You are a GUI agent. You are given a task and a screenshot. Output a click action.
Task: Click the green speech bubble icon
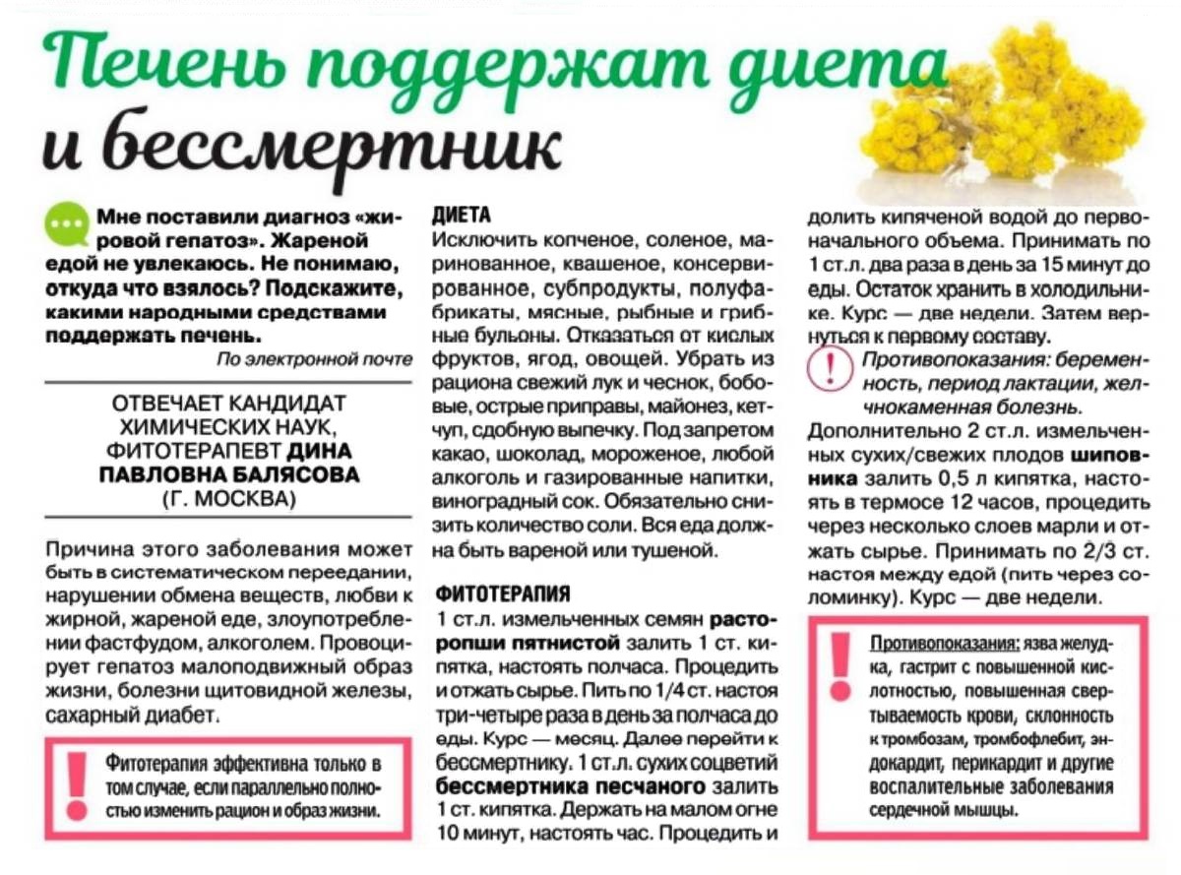(x=66, y=223)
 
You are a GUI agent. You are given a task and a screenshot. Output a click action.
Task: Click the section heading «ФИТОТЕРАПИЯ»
(x=502, y=594)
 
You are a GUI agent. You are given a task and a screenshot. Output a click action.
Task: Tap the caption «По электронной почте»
(x=314, y=360)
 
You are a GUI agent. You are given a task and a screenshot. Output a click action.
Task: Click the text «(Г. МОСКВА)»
(x=228, y=497)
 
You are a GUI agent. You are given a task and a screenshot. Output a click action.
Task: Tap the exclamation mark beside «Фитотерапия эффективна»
(x=77, y=785)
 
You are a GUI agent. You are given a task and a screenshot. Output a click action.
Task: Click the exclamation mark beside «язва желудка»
(x=839, y=666)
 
